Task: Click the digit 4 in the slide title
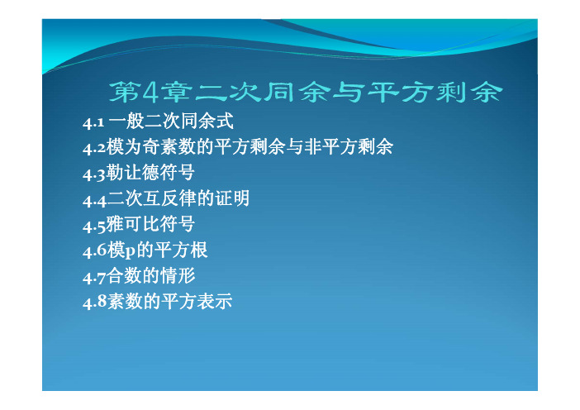[x=150, y=92]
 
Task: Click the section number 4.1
[x=93, y=123]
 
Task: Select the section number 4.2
[x=94, y=149]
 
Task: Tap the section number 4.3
[x=94, y=174]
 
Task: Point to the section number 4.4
[x=94, y=201]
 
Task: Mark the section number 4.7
[x=94, y=278]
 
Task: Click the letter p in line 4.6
[x=131, y=253]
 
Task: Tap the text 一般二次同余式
[x=171, y=122]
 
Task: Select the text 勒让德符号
[x=150, y=173]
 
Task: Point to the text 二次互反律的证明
[x=178, y=198]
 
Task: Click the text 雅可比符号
[x=150, y=224]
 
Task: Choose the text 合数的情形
[x=151, y=276]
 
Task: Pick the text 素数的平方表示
[x=169, y=301]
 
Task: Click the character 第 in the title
[x=123, y=92]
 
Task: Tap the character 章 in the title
[x=177, y=92]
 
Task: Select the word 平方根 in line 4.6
[x=181, y=250]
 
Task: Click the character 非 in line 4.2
[x=313, y=147]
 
